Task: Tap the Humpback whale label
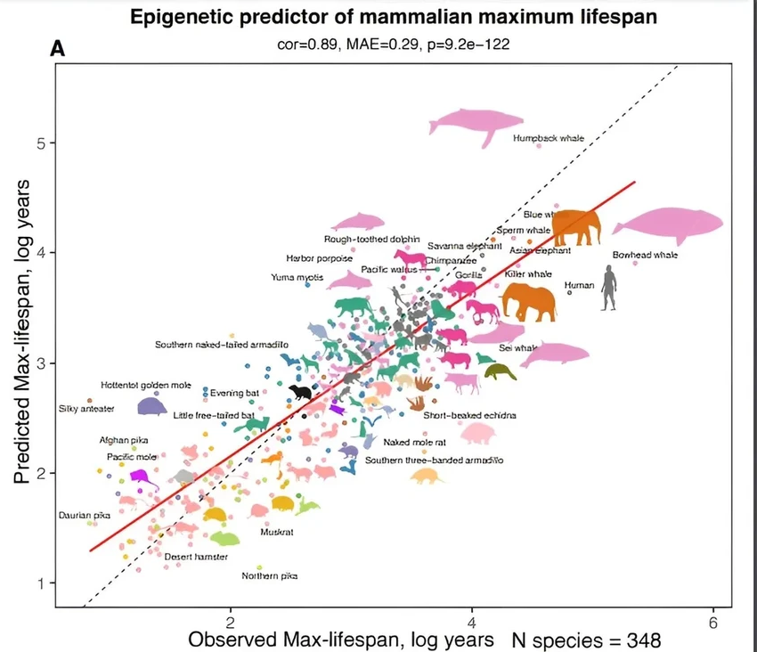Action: [x=548, y=139]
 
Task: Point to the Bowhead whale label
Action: [x=645, y=256]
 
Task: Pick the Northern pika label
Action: [x=270, y=575]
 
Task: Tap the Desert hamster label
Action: [x=196, y=557]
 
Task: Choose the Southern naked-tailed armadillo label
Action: [x=221, y=344]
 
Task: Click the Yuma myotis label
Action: [x=297, y=278]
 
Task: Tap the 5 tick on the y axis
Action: [x=41, y=143]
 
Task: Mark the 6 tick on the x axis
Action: [x=712, y=622]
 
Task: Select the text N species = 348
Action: [x=587, y=640]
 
